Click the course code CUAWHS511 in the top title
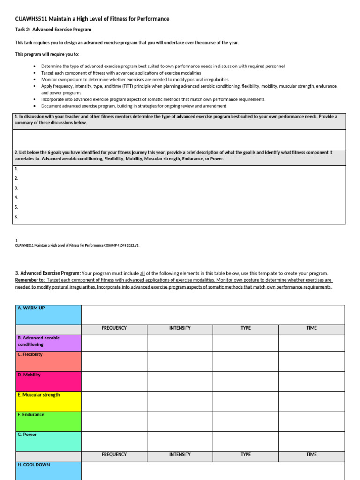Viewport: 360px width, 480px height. pos(31,19)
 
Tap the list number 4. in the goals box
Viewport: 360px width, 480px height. pos(16,197)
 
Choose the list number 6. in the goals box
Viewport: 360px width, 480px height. pos(16,217)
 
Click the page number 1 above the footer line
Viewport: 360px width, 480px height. pos(17,240)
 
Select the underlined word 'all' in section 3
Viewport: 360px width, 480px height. pos(142,273)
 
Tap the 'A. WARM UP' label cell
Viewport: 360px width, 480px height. pos(48,315)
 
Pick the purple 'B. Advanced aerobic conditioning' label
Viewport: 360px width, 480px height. pos(48,343)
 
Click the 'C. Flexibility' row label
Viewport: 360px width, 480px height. pos(48,361)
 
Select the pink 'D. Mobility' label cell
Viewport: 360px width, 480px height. pos(48,382)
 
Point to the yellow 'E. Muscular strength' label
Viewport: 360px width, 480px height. pos(48,402)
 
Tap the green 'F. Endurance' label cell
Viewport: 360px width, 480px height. pos(48,421)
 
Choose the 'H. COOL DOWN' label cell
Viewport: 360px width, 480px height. pos(48,470)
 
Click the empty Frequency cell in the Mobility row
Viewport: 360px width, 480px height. pos(114,382)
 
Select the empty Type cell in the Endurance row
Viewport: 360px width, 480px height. pos(246,421)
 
